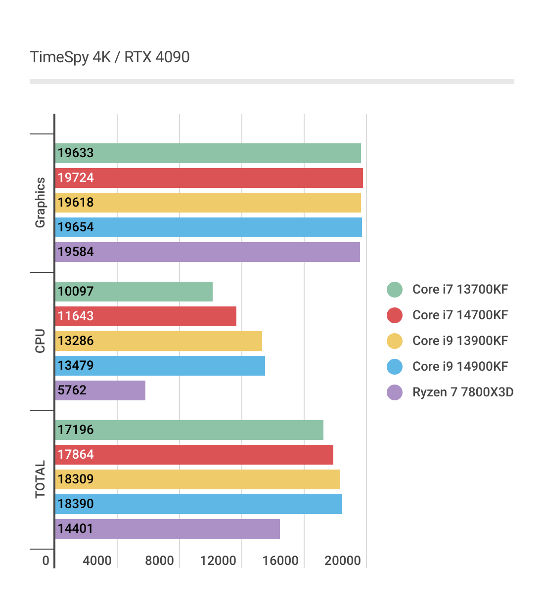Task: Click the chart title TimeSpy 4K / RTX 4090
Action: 110,57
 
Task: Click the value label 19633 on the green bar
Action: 76,153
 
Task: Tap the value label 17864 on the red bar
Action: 76,455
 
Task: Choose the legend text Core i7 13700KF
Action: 460,290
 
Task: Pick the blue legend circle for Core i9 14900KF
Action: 395,367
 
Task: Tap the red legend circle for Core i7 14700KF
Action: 395,315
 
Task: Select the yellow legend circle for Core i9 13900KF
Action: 395,341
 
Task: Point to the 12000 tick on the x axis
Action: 218,560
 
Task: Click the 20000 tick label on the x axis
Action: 343,560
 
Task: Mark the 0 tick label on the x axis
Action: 46,560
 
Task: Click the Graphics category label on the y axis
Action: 40,203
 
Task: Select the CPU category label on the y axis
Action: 40,341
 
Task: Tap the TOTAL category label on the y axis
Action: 40,479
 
